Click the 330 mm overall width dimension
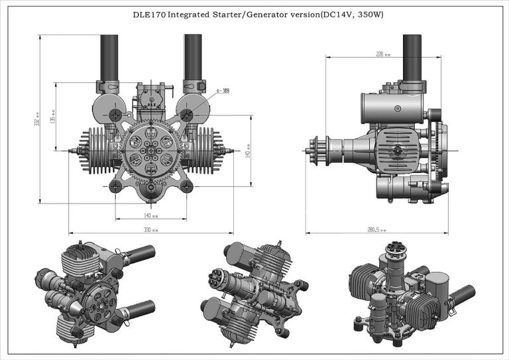click(151, 230)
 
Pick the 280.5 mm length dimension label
click(377, 230)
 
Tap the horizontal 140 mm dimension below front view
click(151, 214)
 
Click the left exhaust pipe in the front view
click(109, 56)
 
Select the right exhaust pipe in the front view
click(193, 56)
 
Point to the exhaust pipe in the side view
click(412, 56)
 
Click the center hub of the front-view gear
click(151, 151)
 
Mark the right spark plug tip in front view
click(233, 151)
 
